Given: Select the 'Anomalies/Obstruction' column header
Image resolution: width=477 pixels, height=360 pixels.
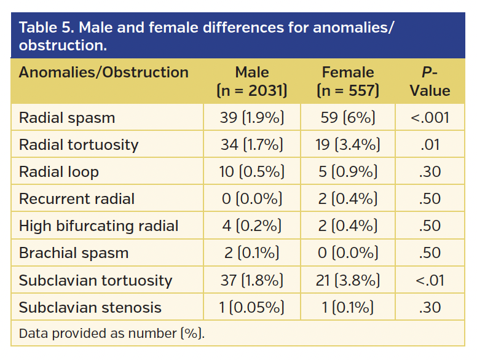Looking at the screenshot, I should pyautogui.click(x=103, y=72).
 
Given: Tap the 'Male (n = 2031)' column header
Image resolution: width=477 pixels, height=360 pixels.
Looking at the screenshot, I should pyautogui.click(x=252, y=82).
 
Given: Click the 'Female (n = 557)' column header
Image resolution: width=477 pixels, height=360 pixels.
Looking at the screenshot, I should pyautogui.click(x=348, y=82).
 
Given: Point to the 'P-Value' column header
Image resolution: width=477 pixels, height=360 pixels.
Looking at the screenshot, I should pyautogui.click(x=430, y=82).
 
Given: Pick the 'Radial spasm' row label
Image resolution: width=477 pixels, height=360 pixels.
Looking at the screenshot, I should pyautogui.click(x=67, y=117).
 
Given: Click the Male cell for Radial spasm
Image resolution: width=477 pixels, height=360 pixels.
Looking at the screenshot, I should pyautogui.click(x=252, y=117).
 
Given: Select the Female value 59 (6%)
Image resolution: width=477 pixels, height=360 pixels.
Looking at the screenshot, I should pyautogui.click(x=348, y=117).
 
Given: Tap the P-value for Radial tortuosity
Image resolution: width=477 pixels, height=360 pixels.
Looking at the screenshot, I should pyautogui.click(x=430, y=145).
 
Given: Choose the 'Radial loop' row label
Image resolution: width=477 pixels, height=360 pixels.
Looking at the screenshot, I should pyautogui.click(x=59, y=172).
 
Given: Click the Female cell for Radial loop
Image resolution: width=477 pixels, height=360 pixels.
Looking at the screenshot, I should pyautogui.click(x=348, y=172).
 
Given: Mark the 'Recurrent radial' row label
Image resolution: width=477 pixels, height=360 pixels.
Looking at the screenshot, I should pyautogui.click(x=77, y=199).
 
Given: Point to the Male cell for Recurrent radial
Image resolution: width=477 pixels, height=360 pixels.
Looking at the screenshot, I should pyautogui.click(x=252, y=199).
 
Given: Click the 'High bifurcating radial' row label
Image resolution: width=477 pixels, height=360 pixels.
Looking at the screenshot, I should pyautogui.click(x=98, y=226).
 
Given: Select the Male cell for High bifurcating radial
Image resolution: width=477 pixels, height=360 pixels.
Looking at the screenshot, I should pyautogui.click(x=252, y=226).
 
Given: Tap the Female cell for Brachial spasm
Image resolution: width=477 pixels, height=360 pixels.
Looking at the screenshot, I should pyautogui.click(x=348, y=253).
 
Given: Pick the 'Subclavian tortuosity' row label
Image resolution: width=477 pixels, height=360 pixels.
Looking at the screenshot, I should pyautogui.click(x=95, y=281).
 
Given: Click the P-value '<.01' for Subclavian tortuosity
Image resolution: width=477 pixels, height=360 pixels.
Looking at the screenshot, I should pyautogui.click(x=430, y=281).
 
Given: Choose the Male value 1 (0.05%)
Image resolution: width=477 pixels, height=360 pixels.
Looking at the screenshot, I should pyautogui.click(x=252, y=308).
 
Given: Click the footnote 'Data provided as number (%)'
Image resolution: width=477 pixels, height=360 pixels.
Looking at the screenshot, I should pyautogui.click(x=111, y=334).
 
